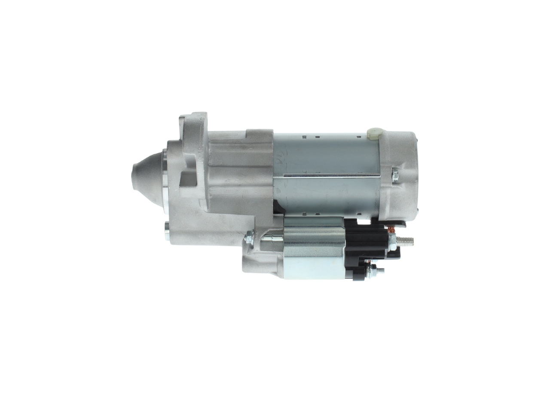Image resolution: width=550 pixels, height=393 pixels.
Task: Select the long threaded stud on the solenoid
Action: pyautogui.click(x=406, y=241)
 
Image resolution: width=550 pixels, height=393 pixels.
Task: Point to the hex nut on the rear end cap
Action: pyautogui.click(x=395, y=175)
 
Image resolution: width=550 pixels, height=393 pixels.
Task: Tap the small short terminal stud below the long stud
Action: pyautogui.click(x=381, y=271)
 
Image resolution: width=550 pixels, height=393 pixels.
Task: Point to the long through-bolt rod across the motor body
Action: pyautogui.click(x=327, y=175)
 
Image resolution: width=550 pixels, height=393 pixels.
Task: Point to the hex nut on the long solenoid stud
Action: pyautogui.click(x=392, y=241)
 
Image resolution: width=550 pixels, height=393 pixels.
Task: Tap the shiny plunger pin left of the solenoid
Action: pyautogui.click(x=273, y=237)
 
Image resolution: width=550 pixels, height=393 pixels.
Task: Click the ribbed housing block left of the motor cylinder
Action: pyautogui.click(x=241, y=172)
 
